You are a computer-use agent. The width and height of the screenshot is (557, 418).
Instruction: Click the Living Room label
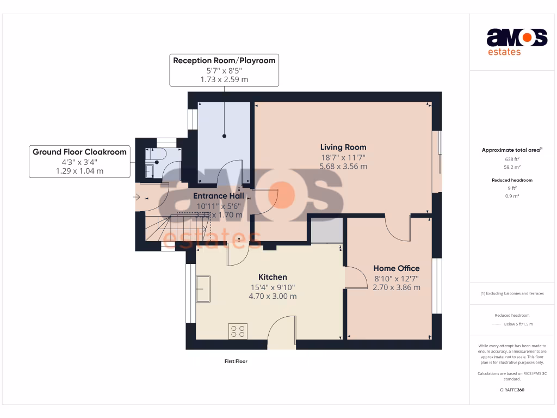pos(343,147)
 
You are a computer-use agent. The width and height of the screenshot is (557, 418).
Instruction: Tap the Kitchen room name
pos(273,277)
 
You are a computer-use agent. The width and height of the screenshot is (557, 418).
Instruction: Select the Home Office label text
pos(396,268)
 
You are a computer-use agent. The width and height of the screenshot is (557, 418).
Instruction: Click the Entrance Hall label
pos(219,196)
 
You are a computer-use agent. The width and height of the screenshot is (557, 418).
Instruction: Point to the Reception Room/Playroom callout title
pos(224,60)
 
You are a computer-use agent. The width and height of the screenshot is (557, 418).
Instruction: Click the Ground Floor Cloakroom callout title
pos(79,152)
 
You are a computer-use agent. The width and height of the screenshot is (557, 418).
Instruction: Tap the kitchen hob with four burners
pos(238,331)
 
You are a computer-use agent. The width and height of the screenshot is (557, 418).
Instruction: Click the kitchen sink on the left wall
pos(203,288)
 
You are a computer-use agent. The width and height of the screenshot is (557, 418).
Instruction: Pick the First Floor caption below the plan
pos(236,361)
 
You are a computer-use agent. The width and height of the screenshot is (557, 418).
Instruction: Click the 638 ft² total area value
pos(512,159)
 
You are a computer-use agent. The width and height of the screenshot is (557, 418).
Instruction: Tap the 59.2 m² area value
pos(512,168)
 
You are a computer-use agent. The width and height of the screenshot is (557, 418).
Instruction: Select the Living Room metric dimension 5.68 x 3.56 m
pos(343,167)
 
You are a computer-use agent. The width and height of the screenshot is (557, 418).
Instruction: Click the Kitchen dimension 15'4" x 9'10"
pos(273,287)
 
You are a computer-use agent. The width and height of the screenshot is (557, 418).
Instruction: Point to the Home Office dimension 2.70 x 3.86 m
pos(396,287)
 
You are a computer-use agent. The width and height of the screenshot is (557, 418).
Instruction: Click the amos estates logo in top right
pos(516,42)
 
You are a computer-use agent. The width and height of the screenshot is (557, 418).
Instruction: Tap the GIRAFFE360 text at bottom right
pos(512,390)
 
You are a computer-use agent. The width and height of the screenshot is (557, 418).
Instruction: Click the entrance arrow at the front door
pos(137,197)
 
